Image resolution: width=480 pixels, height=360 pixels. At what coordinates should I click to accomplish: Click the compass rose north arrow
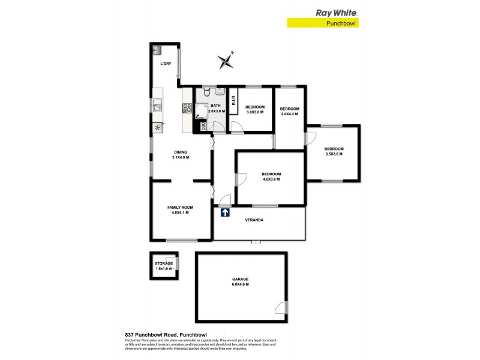(226, 59)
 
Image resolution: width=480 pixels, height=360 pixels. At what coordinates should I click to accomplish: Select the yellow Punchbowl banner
(325, 23)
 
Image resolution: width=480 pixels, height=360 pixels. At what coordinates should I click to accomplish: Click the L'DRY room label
(166, 64)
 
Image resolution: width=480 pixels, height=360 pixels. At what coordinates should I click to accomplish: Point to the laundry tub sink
(158, 50)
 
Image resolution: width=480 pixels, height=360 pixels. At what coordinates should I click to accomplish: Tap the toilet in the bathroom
(206, 92)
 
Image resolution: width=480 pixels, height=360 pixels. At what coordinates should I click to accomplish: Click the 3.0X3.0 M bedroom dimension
(255, 112)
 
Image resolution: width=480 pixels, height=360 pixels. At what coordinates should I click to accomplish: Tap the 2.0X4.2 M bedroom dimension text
(290, 114)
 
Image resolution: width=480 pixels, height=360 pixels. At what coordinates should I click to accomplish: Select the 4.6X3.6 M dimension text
(271, 179)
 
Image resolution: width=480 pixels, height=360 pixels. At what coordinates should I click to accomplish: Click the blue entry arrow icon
(225, 212)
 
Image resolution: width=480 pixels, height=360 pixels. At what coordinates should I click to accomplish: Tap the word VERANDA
(254, 220)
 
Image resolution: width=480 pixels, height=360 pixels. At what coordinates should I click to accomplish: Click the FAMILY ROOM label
(179, 207)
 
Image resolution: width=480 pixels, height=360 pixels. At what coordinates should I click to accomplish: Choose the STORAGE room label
(164, 263)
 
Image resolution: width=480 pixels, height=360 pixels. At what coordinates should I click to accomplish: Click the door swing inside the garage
(281, 308)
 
